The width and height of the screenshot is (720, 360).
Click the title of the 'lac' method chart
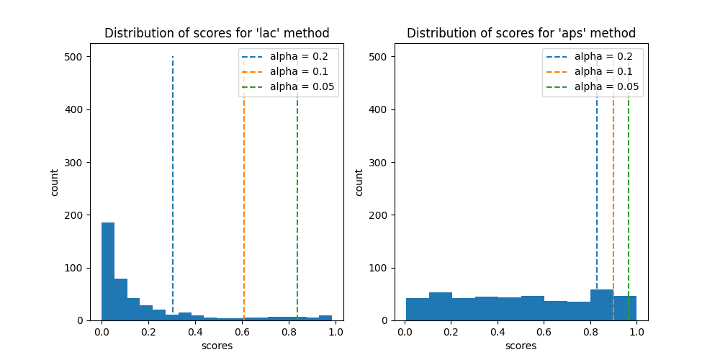pyautogui.click(x=217, y=33)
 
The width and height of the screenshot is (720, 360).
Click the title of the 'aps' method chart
pyautogui.click(x=521, y=33)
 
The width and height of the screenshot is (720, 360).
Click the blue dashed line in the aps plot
pyautogui.click(x=597, y=180)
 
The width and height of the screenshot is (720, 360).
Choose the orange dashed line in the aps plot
pyautogui.click(x=613, y=180)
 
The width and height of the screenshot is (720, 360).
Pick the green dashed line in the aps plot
pyautogui.click(x=629, y=180)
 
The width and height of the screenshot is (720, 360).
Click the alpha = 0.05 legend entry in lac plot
pyautogui.click(x=302, y=86)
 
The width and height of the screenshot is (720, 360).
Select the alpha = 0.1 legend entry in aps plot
pyautogui.click(x=603, y=71)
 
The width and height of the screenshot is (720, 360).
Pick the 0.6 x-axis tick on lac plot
pyautogui.click(x=242, y=333)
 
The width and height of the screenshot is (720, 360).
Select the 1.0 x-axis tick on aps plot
pyautogui.click(x=636, y=333)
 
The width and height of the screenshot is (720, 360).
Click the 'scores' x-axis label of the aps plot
pyautogui.click(x=521, y=346)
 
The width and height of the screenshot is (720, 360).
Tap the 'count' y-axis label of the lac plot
pyautogui.click(x=55, y=182)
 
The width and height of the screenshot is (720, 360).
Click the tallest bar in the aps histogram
pyautogui.click(x=602, y=305)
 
